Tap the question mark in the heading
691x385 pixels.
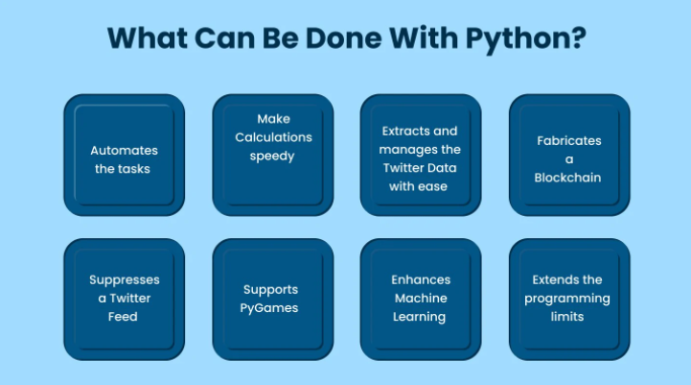pos(580,37)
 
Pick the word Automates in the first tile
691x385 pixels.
pos(124,151)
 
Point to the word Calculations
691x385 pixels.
pos(273,137)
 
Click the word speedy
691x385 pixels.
pos(272,156)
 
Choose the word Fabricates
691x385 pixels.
pos(569,141)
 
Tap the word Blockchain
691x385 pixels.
pos(567,178)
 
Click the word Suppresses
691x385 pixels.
pos(125,280)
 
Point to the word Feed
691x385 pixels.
pos(123,317)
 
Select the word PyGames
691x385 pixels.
pos(268,308)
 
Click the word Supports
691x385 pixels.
pos(270,290)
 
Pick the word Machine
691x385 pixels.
pos(421,299)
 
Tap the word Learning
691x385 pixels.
pos(419,317)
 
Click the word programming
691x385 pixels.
pos(567,299)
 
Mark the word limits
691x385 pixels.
pos(567,317)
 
